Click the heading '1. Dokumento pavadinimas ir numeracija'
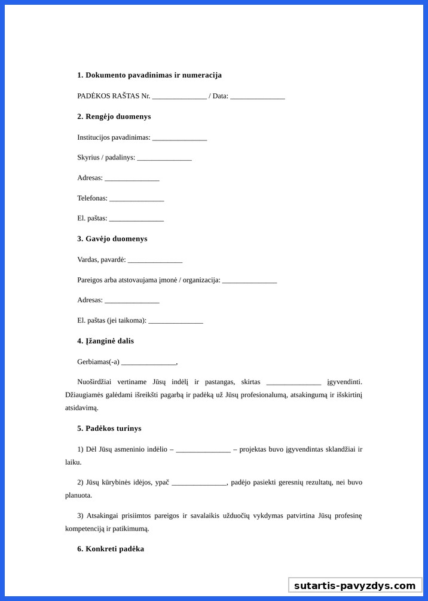click(x=149, y=75)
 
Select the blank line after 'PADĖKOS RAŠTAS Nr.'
click(x=179, y=97)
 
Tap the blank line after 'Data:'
click(x=257, y=97)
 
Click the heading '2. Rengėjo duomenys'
click(x=114, y=116)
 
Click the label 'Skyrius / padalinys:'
click(x=106, y=158)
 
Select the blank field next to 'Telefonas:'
click(x=136, y=199)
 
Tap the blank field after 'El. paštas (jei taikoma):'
click(x=176, y=321)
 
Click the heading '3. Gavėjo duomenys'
click(x=112, y=239)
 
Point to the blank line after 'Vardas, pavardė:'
click(x=155, y=260)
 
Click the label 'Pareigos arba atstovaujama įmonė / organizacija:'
click(x=148, y=280)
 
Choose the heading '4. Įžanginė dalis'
click(x=105, y=341)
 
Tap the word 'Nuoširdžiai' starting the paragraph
click(x=95, y=382)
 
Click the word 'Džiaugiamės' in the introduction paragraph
click(x=84, y=395)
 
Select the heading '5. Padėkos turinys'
click(x=109, y=428)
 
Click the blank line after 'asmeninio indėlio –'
click(x=203, y=450)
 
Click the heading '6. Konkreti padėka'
click(x=110, y=549)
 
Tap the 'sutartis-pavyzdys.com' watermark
click(x=354, y=585)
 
